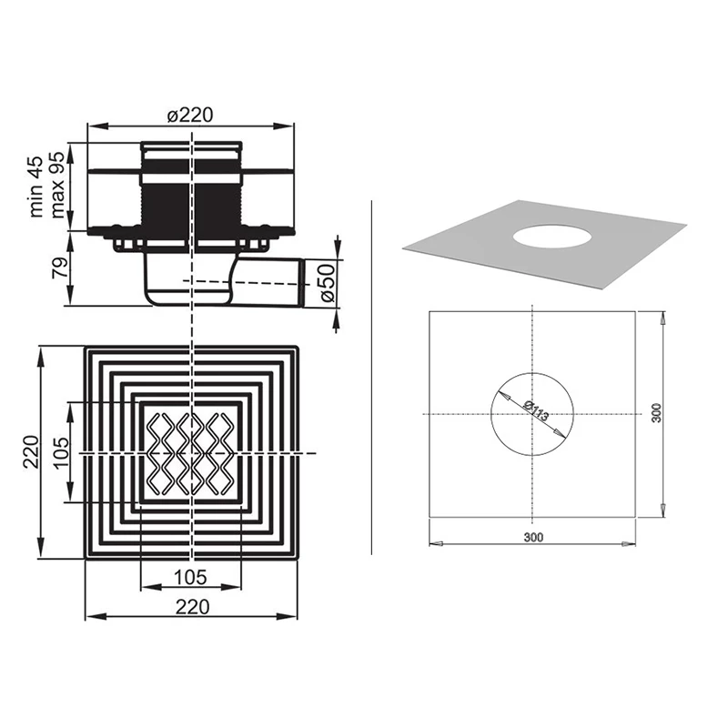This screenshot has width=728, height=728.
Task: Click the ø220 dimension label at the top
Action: click(x=190, y=116)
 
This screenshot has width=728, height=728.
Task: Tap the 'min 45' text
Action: click(x=35, y=187)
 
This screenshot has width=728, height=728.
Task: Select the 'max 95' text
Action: click(x=56, y=185)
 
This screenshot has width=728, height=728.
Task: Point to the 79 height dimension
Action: click(x=59, y=267)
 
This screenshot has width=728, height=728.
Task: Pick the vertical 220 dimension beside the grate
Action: click(x=31, y=451)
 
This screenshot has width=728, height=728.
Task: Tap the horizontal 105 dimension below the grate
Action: click(x=190, y=577)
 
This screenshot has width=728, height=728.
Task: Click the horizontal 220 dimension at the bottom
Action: click(x=192, y=607)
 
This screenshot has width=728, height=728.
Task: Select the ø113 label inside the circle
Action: click(x=536, y=410)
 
